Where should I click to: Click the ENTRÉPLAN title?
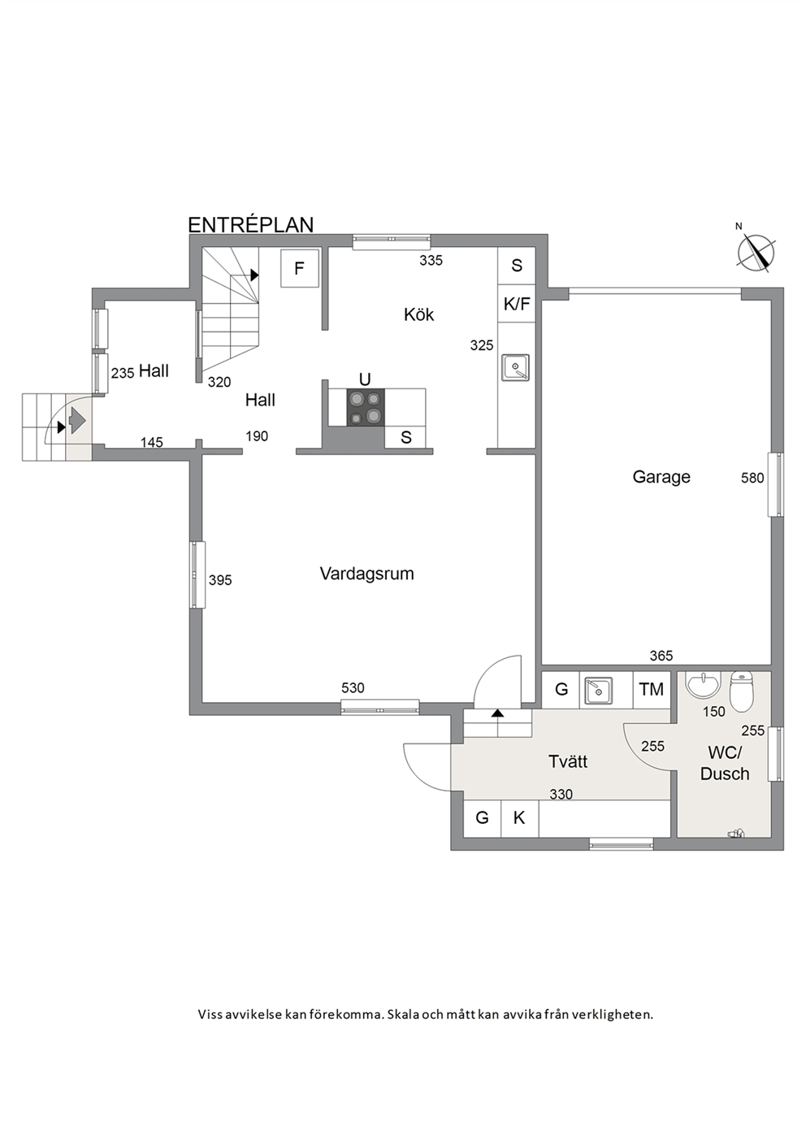251,225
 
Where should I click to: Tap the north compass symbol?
756,250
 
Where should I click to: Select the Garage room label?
661,477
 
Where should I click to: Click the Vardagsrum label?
367,574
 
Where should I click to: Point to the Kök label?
418,314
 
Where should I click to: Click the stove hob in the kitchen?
366,407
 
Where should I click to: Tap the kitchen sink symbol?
515,367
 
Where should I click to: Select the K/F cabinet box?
517,304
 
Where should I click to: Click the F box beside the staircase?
300,267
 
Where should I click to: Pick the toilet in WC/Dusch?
741,691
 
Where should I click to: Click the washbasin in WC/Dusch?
703,685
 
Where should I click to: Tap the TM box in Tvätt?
652,690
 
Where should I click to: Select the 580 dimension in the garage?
752,478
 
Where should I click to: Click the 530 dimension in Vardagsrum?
353,688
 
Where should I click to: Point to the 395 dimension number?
220,579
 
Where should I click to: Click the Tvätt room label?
568,761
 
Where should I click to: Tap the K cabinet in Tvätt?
519,818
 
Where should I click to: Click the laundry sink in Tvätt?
599,690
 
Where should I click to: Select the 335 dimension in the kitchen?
431,261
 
